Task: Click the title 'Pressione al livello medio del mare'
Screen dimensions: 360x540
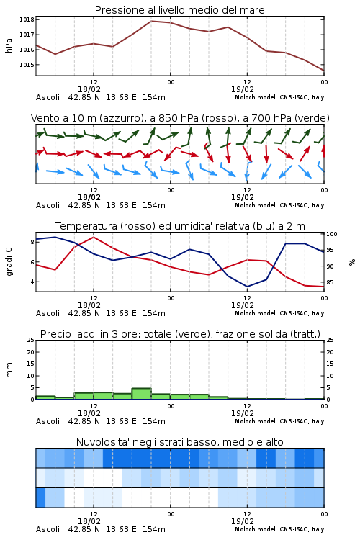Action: [x=179, y=10]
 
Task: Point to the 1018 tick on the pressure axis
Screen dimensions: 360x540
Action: [x=27, y=19]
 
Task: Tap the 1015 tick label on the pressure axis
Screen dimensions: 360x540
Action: [x=27, y=65]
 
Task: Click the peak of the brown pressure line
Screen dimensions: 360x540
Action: [x=151, y=21]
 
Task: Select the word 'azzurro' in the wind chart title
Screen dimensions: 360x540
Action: [x=122, y=118]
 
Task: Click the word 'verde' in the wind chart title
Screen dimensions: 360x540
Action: [x=313, y=118]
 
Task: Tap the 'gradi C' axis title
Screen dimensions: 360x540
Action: [x=9, y=262]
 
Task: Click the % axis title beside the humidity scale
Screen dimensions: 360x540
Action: [x=352, y=262]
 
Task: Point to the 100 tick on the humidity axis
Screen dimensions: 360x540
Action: [x=332, y=234]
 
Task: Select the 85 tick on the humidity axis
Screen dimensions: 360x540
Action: [x=330, y=282]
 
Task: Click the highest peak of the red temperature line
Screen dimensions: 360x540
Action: [x=94, y=237]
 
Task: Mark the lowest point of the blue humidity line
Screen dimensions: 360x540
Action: [x=247, y=287]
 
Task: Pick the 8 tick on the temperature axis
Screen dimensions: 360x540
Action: [x=32, y=242]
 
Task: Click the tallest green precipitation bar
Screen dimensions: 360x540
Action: [x=142, y=394]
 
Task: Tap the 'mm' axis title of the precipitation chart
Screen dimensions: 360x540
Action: [x=9, y=370]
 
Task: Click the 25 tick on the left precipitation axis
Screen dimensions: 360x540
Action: [x=31, y=341]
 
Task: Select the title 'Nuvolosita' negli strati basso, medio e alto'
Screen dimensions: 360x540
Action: [x=179, y=442]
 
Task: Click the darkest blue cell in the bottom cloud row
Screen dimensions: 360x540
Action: [x=40, y=498]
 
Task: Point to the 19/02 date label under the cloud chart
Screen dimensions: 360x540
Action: [x=243, y=521]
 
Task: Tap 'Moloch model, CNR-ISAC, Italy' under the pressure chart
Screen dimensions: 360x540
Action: [x=279, y=97]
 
